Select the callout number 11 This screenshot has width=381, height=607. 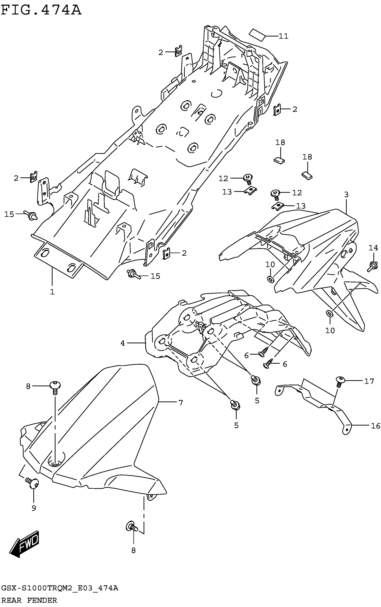[284, 36]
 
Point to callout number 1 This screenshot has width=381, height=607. [52, 292]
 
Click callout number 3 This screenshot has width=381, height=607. [346, 194]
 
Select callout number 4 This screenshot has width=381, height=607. [122, 343]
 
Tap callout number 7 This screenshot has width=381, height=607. [180, 402]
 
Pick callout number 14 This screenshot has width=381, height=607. [373, 248]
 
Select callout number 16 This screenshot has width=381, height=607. [375, 426]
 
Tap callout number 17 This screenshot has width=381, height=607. [369, 381]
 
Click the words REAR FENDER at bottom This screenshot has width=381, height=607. [29, 600]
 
